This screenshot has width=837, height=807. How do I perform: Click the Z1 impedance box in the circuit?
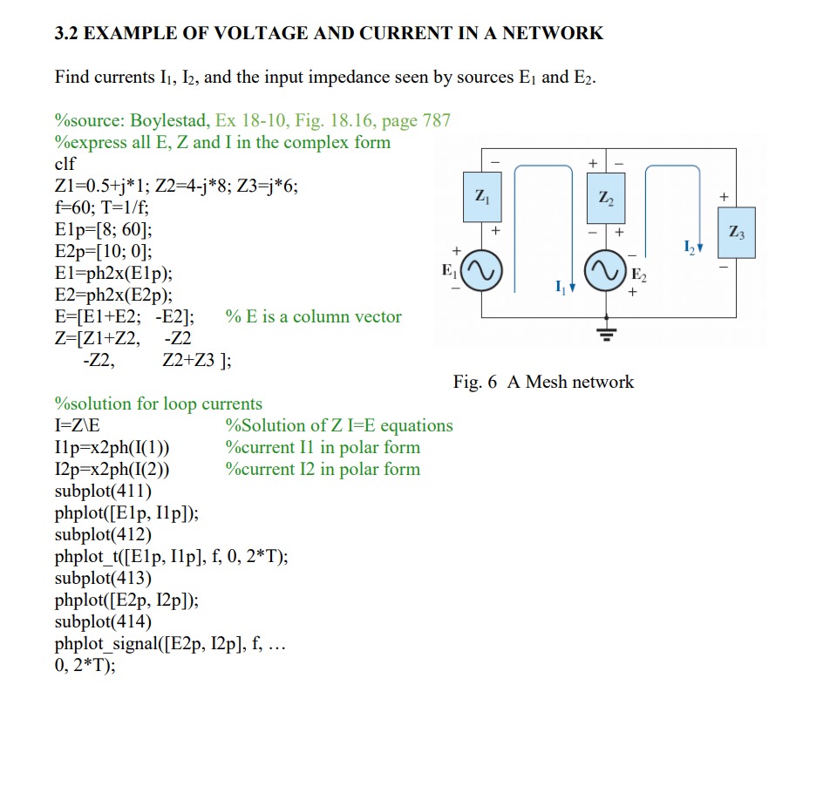480,198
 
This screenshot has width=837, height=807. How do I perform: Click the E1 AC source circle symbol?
480,270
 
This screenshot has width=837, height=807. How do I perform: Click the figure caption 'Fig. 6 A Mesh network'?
543,382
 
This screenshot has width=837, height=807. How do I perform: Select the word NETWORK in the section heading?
551,34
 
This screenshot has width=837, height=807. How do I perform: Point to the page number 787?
436,120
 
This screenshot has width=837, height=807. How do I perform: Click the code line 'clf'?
65,164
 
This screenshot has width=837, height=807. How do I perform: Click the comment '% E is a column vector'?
313,316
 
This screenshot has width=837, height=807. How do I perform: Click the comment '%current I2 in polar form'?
323,469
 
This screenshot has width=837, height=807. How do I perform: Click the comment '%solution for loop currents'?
158,403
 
